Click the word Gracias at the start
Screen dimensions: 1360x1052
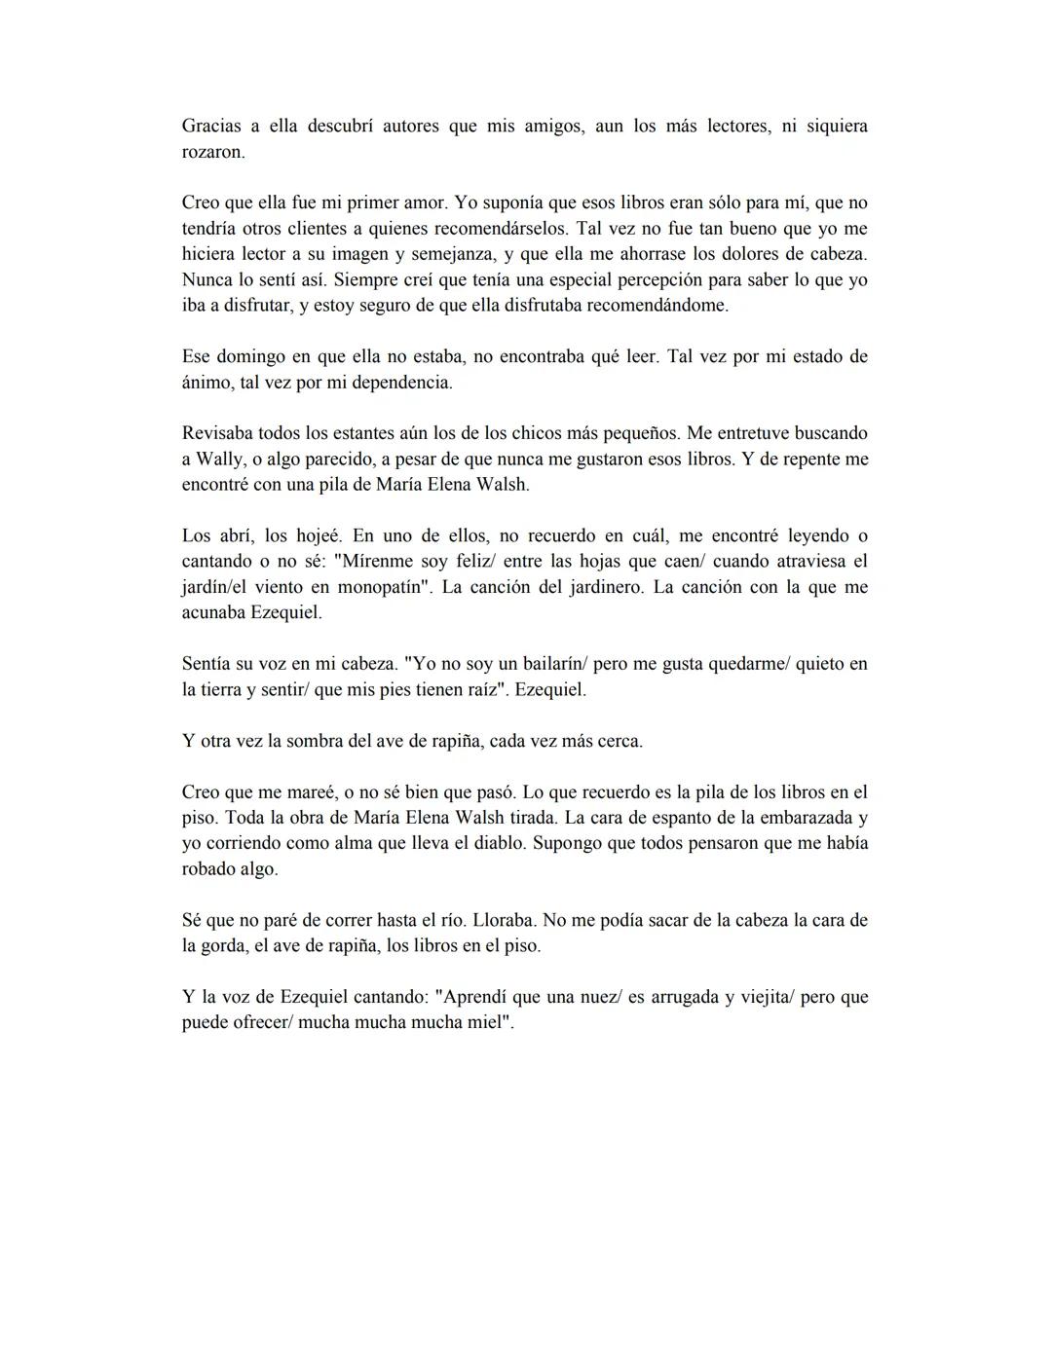(x=211, y=127)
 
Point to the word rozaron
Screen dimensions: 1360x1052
(x=212, y=153)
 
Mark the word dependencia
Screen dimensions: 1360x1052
(x=401, y=383)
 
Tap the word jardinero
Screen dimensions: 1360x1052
(x=606, y=588)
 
